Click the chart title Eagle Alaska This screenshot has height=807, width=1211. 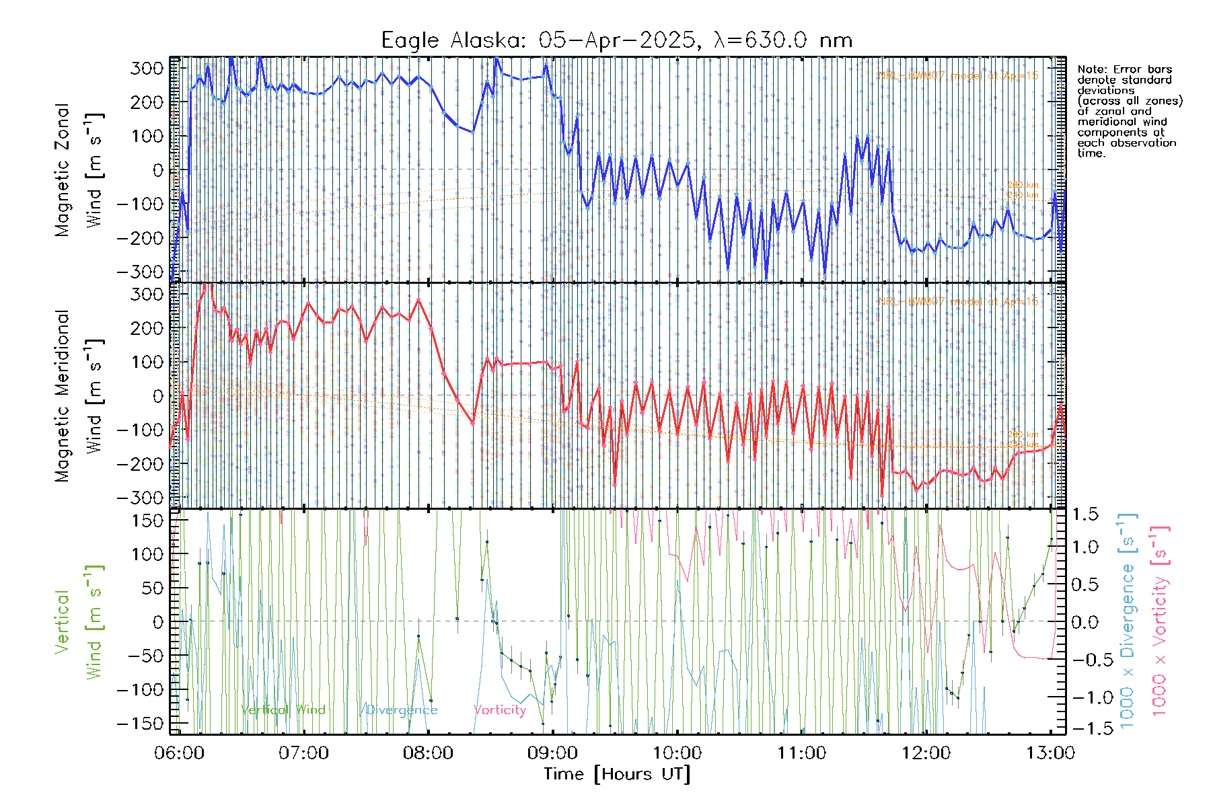616,40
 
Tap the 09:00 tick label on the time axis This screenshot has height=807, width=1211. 552,753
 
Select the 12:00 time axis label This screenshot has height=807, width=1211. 926,753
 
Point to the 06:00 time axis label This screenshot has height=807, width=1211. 179,753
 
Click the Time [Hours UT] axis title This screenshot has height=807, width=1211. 617,774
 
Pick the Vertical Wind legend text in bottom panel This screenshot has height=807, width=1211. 283,709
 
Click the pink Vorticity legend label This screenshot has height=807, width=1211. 499,709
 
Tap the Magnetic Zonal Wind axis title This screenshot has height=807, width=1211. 79,169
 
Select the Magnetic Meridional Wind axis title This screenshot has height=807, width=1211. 79,395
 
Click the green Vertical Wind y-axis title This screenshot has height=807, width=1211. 79,622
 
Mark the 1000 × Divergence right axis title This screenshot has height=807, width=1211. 1128,621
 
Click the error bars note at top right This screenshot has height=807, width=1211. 1129,111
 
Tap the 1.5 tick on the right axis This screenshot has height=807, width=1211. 1085,514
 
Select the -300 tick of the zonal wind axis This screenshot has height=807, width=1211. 140,272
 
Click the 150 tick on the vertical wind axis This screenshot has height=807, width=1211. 148,521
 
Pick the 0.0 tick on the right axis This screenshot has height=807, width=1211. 1085,622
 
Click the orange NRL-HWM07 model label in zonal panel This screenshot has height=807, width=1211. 958,76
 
